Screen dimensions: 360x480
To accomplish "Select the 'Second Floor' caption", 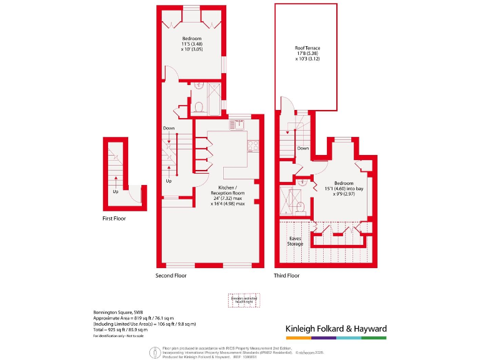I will click(x=171, y=275).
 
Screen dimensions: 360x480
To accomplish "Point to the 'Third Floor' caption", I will click(x=287, y=275).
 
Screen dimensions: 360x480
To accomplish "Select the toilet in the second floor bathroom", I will click(x=198, y=107).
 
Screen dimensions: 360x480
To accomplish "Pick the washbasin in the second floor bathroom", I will click(x=199, y=86).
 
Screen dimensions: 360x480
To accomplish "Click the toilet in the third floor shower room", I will click(x=301, y=206).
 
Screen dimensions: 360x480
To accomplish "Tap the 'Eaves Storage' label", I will click(x=295, y=241).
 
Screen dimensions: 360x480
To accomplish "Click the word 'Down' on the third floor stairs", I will click(x=303, y=149).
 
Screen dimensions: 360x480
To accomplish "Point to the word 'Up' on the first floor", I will click(x=115, y=191).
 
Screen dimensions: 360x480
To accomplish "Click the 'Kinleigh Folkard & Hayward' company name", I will click(x=336, y=329).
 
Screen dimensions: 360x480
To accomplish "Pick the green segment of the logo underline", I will click(x=374, y=338).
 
